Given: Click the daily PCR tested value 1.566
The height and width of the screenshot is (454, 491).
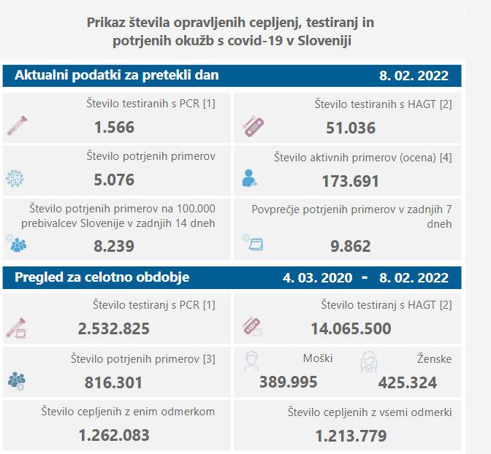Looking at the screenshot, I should click(114, 127).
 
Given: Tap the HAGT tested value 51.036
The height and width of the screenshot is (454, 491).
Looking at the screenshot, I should click(351, 128).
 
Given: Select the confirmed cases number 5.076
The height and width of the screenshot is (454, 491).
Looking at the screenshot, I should click(114, 180).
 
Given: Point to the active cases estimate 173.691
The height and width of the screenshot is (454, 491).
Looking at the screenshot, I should click(351, 181).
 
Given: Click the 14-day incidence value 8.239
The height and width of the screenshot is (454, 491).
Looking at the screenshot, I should click(114, 246).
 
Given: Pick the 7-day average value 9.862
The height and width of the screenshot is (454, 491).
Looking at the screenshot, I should click(351, 246).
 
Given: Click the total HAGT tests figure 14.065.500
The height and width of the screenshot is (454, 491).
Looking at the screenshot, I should click(351, 328).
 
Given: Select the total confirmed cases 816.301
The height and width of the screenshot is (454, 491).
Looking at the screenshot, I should click(115, 382).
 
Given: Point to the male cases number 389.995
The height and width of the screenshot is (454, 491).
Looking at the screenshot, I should click(289, 382).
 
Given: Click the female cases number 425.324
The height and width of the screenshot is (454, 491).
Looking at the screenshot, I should click(408, 382).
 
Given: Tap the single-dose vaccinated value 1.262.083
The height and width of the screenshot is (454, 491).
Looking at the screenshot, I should click(114, 436).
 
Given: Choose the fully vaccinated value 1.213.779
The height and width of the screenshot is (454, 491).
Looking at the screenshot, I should click(351, 436).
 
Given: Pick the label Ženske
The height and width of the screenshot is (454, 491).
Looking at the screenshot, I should click(435, 358).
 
